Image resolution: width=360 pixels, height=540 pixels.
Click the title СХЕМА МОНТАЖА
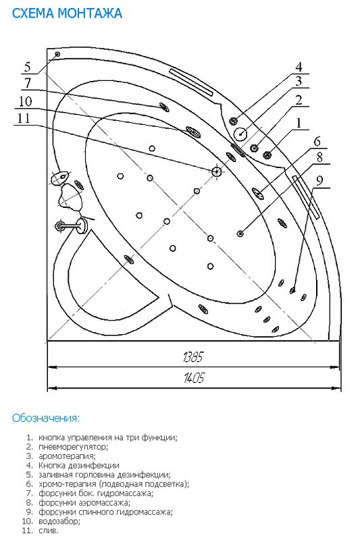coord(67,13)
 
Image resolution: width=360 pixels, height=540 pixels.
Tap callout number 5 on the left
coord(28,66)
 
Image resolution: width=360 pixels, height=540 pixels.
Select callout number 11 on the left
coord(24,118)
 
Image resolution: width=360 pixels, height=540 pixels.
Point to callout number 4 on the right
coord(299,66)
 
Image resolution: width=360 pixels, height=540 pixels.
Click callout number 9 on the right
coord(320,180)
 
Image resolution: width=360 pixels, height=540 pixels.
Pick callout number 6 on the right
coord(317,141)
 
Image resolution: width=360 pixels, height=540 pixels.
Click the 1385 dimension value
coord(193,357)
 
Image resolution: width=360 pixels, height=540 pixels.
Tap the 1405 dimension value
coord(194,378)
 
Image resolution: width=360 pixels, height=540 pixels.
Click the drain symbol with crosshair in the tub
coord(216,171)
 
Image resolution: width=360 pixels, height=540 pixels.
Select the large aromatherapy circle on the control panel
coord(240,133)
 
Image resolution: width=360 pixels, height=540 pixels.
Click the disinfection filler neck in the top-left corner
coord(57,54)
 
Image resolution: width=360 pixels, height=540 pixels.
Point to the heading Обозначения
coord(46,418)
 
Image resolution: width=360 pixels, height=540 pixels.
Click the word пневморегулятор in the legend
coord(74,447)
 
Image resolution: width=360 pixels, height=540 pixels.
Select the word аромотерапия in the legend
coord(67,456)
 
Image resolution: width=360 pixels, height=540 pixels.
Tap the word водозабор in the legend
coord(59,521)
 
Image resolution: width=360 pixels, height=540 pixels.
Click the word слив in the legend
coord(49,531)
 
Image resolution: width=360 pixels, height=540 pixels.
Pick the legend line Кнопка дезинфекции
coord(79,466)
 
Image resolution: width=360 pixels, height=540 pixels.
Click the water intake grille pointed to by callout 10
coord(192,131)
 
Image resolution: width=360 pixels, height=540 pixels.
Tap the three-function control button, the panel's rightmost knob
coord(267,155)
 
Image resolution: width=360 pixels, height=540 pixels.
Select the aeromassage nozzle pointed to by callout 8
coord(240,234)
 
